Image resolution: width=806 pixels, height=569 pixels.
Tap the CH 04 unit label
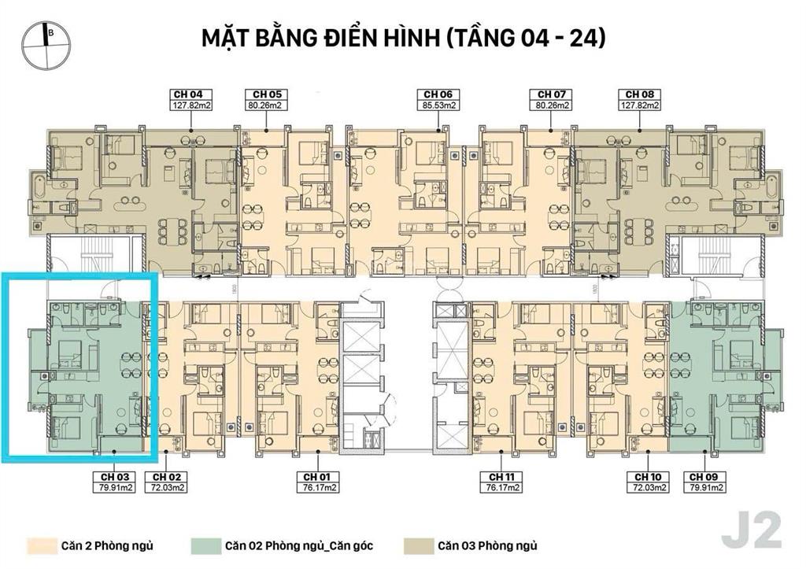pyautogui.click(x=186, y=94)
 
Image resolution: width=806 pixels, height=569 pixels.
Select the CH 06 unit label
pyautogui.click(x=437, y=94)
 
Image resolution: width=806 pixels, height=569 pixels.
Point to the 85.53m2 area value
pyautogui.click(x=437, y=104)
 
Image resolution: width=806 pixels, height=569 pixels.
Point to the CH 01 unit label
pyautogui.click(x=320, y=477)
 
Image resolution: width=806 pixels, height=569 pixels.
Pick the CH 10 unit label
pyautogui.click(x=648, y=477)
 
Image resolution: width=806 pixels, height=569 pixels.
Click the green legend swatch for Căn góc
pyautogui.click(x=205, y=545)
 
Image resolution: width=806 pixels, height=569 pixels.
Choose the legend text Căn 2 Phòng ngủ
pyautogui.click(x=106, y=545)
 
